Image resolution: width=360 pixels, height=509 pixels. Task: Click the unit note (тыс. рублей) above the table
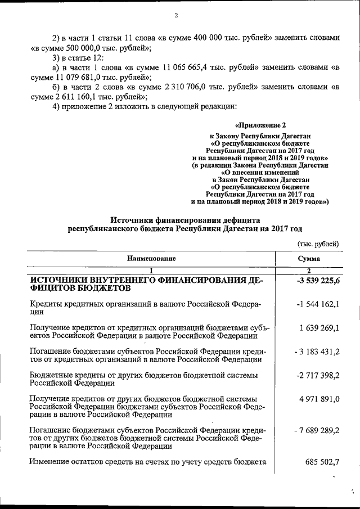point(318,243)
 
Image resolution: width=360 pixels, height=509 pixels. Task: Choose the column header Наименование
point(151,259)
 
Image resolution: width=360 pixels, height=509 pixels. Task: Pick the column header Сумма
point(309,259)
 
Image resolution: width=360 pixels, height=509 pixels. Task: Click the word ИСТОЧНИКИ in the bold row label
point(61,280)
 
